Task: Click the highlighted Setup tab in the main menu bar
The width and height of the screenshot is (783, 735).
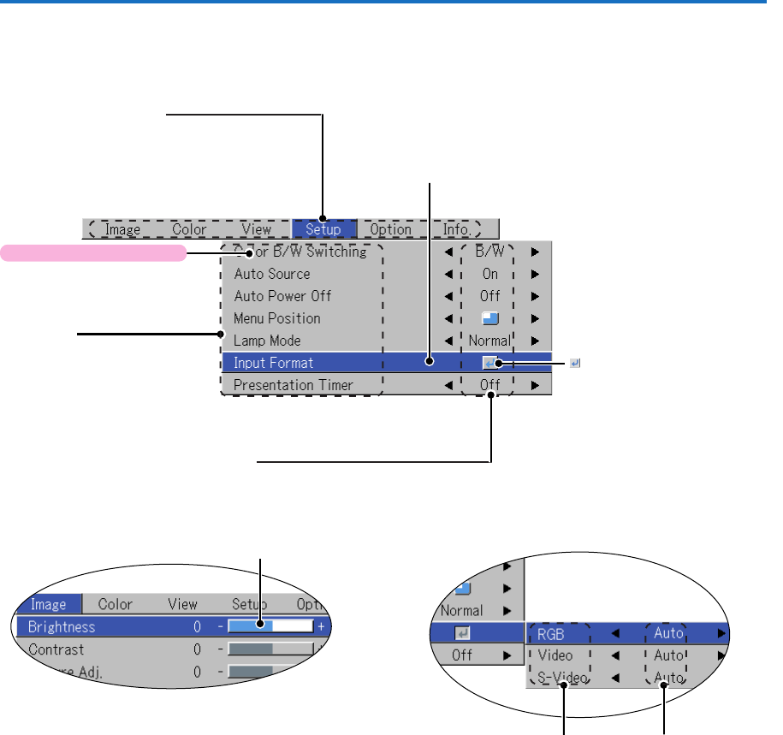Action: click(323, 229)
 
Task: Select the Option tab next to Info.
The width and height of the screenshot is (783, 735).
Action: click(389, 229)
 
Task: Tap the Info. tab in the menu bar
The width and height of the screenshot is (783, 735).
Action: click(456, 229)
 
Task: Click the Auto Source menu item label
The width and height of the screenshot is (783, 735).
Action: click(272, 275)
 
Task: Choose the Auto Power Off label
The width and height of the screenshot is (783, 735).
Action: click(282, 296)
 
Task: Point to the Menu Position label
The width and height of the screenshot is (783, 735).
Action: click(277, 318)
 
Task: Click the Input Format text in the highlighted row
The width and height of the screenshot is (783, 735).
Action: click(274, 363)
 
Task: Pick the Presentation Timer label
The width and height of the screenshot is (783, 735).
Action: click(294, 385)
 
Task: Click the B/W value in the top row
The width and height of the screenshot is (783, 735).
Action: click(489, 252)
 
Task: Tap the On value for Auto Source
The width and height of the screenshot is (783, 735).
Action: click(489, 275)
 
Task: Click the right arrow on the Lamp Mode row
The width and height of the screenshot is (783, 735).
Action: click(535, 341)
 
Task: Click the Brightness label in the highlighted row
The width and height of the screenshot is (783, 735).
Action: click(62, 626)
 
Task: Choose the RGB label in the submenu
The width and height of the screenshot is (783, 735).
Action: click(553, 634)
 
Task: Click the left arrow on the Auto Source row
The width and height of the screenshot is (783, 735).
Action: click(448, 275)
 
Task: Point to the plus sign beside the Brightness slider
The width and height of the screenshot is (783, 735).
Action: click(321, 627)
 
